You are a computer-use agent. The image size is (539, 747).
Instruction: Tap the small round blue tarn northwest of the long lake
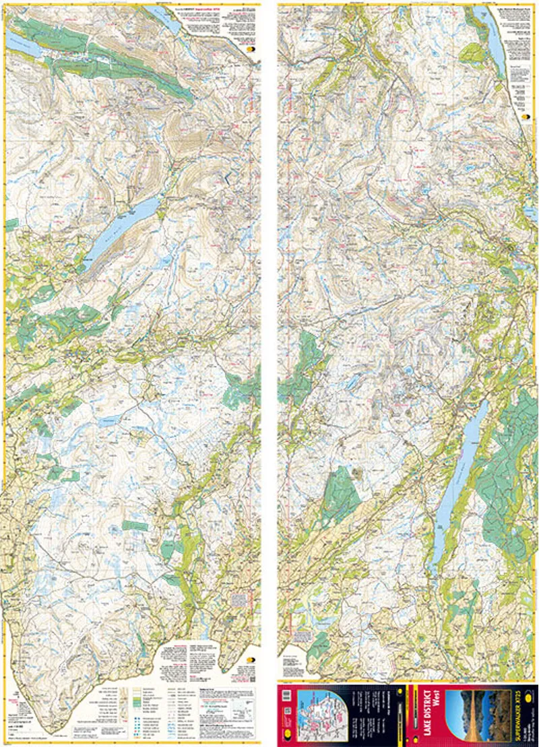tap(409, 370)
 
